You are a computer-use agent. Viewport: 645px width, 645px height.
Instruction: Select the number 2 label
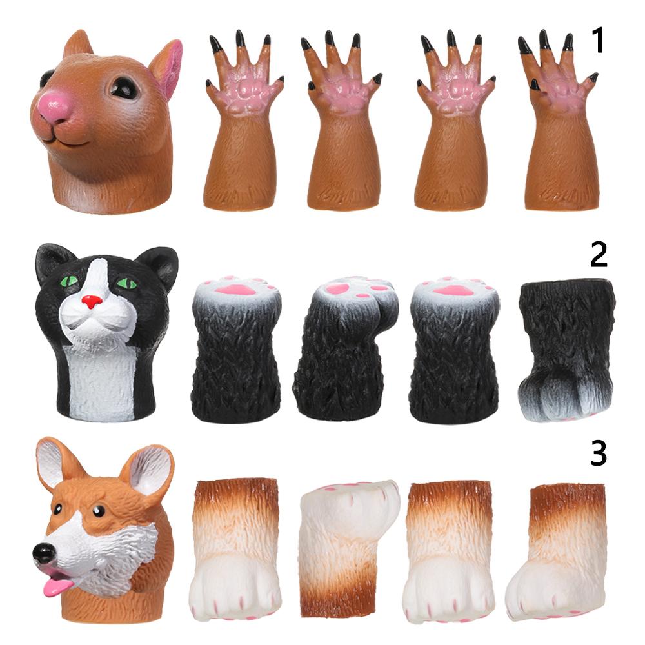(599, 255)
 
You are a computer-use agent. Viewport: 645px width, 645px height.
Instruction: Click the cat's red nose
(92, 301)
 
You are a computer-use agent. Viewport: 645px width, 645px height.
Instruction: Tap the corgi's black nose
(44, 553)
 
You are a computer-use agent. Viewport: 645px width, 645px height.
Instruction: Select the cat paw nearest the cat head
(235, 352)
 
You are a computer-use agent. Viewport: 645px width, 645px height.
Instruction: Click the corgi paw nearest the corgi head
(235, 548)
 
